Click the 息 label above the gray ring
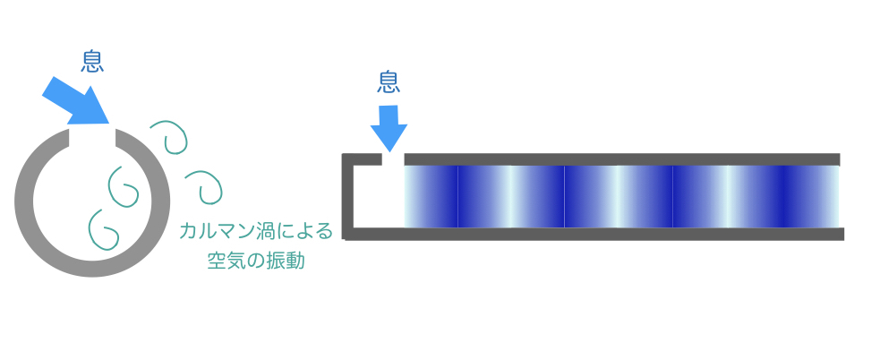pyautogui.click(x=92, y=61)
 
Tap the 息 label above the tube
pyautogui.click(x=389, y=81)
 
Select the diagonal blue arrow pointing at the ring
pyautogui.click(x=76, y=100)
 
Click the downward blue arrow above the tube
pyautogui.click(x=389, y=128)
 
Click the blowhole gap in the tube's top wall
pyautogui.click(x=393, y=159)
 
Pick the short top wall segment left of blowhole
pyautogui.click(x=362, y=159)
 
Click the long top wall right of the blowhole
pyautogui.click(x=622, y=159)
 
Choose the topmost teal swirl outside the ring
pyautogui.click(x=169, y=137)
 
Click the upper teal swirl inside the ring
pyautogui.click(x=123, y=184)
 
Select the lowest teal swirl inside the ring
pyautogui.click(x=103, y=228)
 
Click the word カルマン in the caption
pyautogui.click(x=215, y=231)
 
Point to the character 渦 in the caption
pyautogui.click(x=261, y=231)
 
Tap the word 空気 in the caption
pyautogui.click(x=226, y=261)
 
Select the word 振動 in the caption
pyautogui.click(x=285, y=261)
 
